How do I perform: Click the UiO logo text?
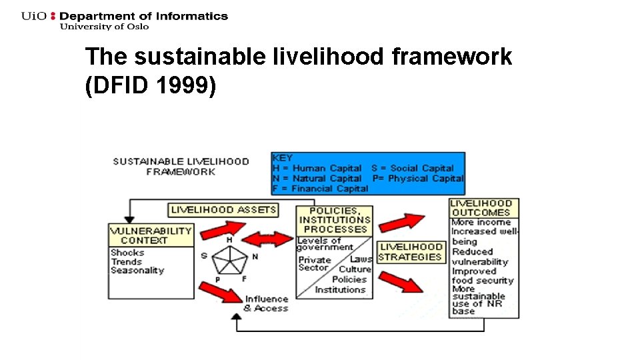(35, 16)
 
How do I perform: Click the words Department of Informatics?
(143, 16)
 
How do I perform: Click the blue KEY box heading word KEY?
(283, 158)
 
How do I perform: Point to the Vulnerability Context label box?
(151, 235)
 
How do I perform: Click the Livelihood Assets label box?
(223, 210)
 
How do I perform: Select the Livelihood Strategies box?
(411, 252)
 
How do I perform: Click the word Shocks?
(127, 253)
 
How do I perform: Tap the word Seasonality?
(137, 271)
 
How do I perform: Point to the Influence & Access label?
(266, 304)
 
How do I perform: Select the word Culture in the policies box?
(355, 269)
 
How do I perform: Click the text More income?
(481, 223)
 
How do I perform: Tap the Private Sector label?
(314, 264)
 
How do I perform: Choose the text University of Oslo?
(104, 27)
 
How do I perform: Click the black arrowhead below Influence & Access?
(235, 319)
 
